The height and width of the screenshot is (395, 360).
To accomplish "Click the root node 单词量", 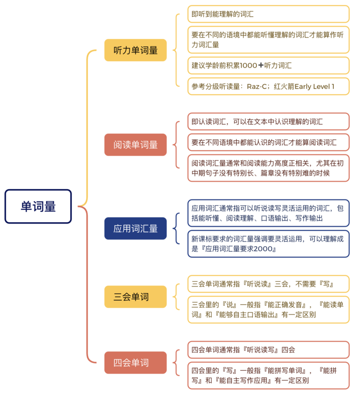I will (38, 206).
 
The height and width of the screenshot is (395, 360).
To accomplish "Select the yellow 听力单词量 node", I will (135, 50).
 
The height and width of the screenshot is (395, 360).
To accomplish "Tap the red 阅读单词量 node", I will (135, 145).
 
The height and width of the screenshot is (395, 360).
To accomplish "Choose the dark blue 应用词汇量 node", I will (135, 228).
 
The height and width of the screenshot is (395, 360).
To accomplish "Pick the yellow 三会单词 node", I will (135, 297).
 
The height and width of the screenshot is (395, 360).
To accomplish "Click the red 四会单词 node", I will (135, 362).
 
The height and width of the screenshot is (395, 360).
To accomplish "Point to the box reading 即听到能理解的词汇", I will (268, 14).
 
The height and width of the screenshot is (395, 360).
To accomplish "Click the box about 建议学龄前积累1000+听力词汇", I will (268, 65).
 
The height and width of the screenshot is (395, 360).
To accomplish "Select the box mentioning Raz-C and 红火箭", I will (268, 86).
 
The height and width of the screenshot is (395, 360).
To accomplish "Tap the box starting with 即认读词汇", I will (268, 121).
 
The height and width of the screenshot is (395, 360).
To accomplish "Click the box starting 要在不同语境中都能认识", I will (268, 142).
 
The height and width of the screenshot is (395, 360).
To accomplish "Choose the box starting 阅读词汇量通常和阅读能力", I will (268, 168).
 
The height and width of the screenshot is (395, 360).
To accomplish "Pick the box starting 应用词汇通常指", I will (268, 213).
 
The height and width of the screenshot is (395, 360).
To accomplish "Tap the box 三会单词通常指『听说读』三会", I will (268, 284).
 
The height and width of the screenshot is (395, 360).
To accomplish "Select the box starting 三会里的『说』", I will (268, 310).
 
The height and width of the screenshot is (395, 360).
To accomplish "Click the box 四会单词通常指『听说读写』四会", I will (268, 350).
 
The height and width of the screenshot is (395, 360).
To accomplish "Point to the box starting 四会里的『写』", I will (268, 375).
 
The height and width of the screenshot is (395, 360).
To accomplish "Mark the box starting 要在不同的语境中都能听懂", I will (268, 39).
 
